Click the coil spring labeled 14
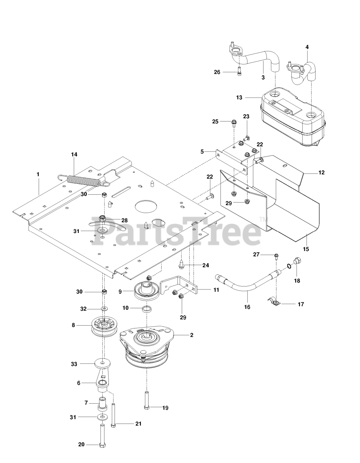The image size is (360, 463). coord(83,180)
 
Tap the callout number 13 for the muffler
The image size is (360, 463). coord(239,97)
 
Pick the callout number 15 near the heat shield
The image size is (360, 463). coord(306,249)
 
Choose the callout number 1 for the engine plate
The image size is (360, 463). coord(38,174)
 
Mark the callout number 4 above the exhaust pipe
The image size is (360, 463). coord(307,47)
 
